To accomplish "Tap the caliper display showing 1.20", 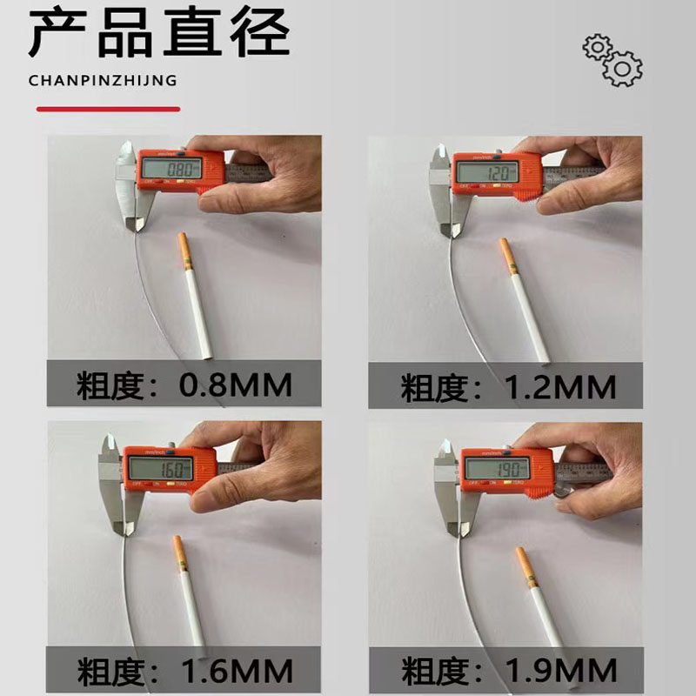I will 486,171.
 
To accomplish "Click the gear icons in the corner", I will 612,59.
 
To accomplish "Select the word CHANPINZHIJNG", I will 103,81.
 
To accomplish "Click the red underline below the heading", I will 109,110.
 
